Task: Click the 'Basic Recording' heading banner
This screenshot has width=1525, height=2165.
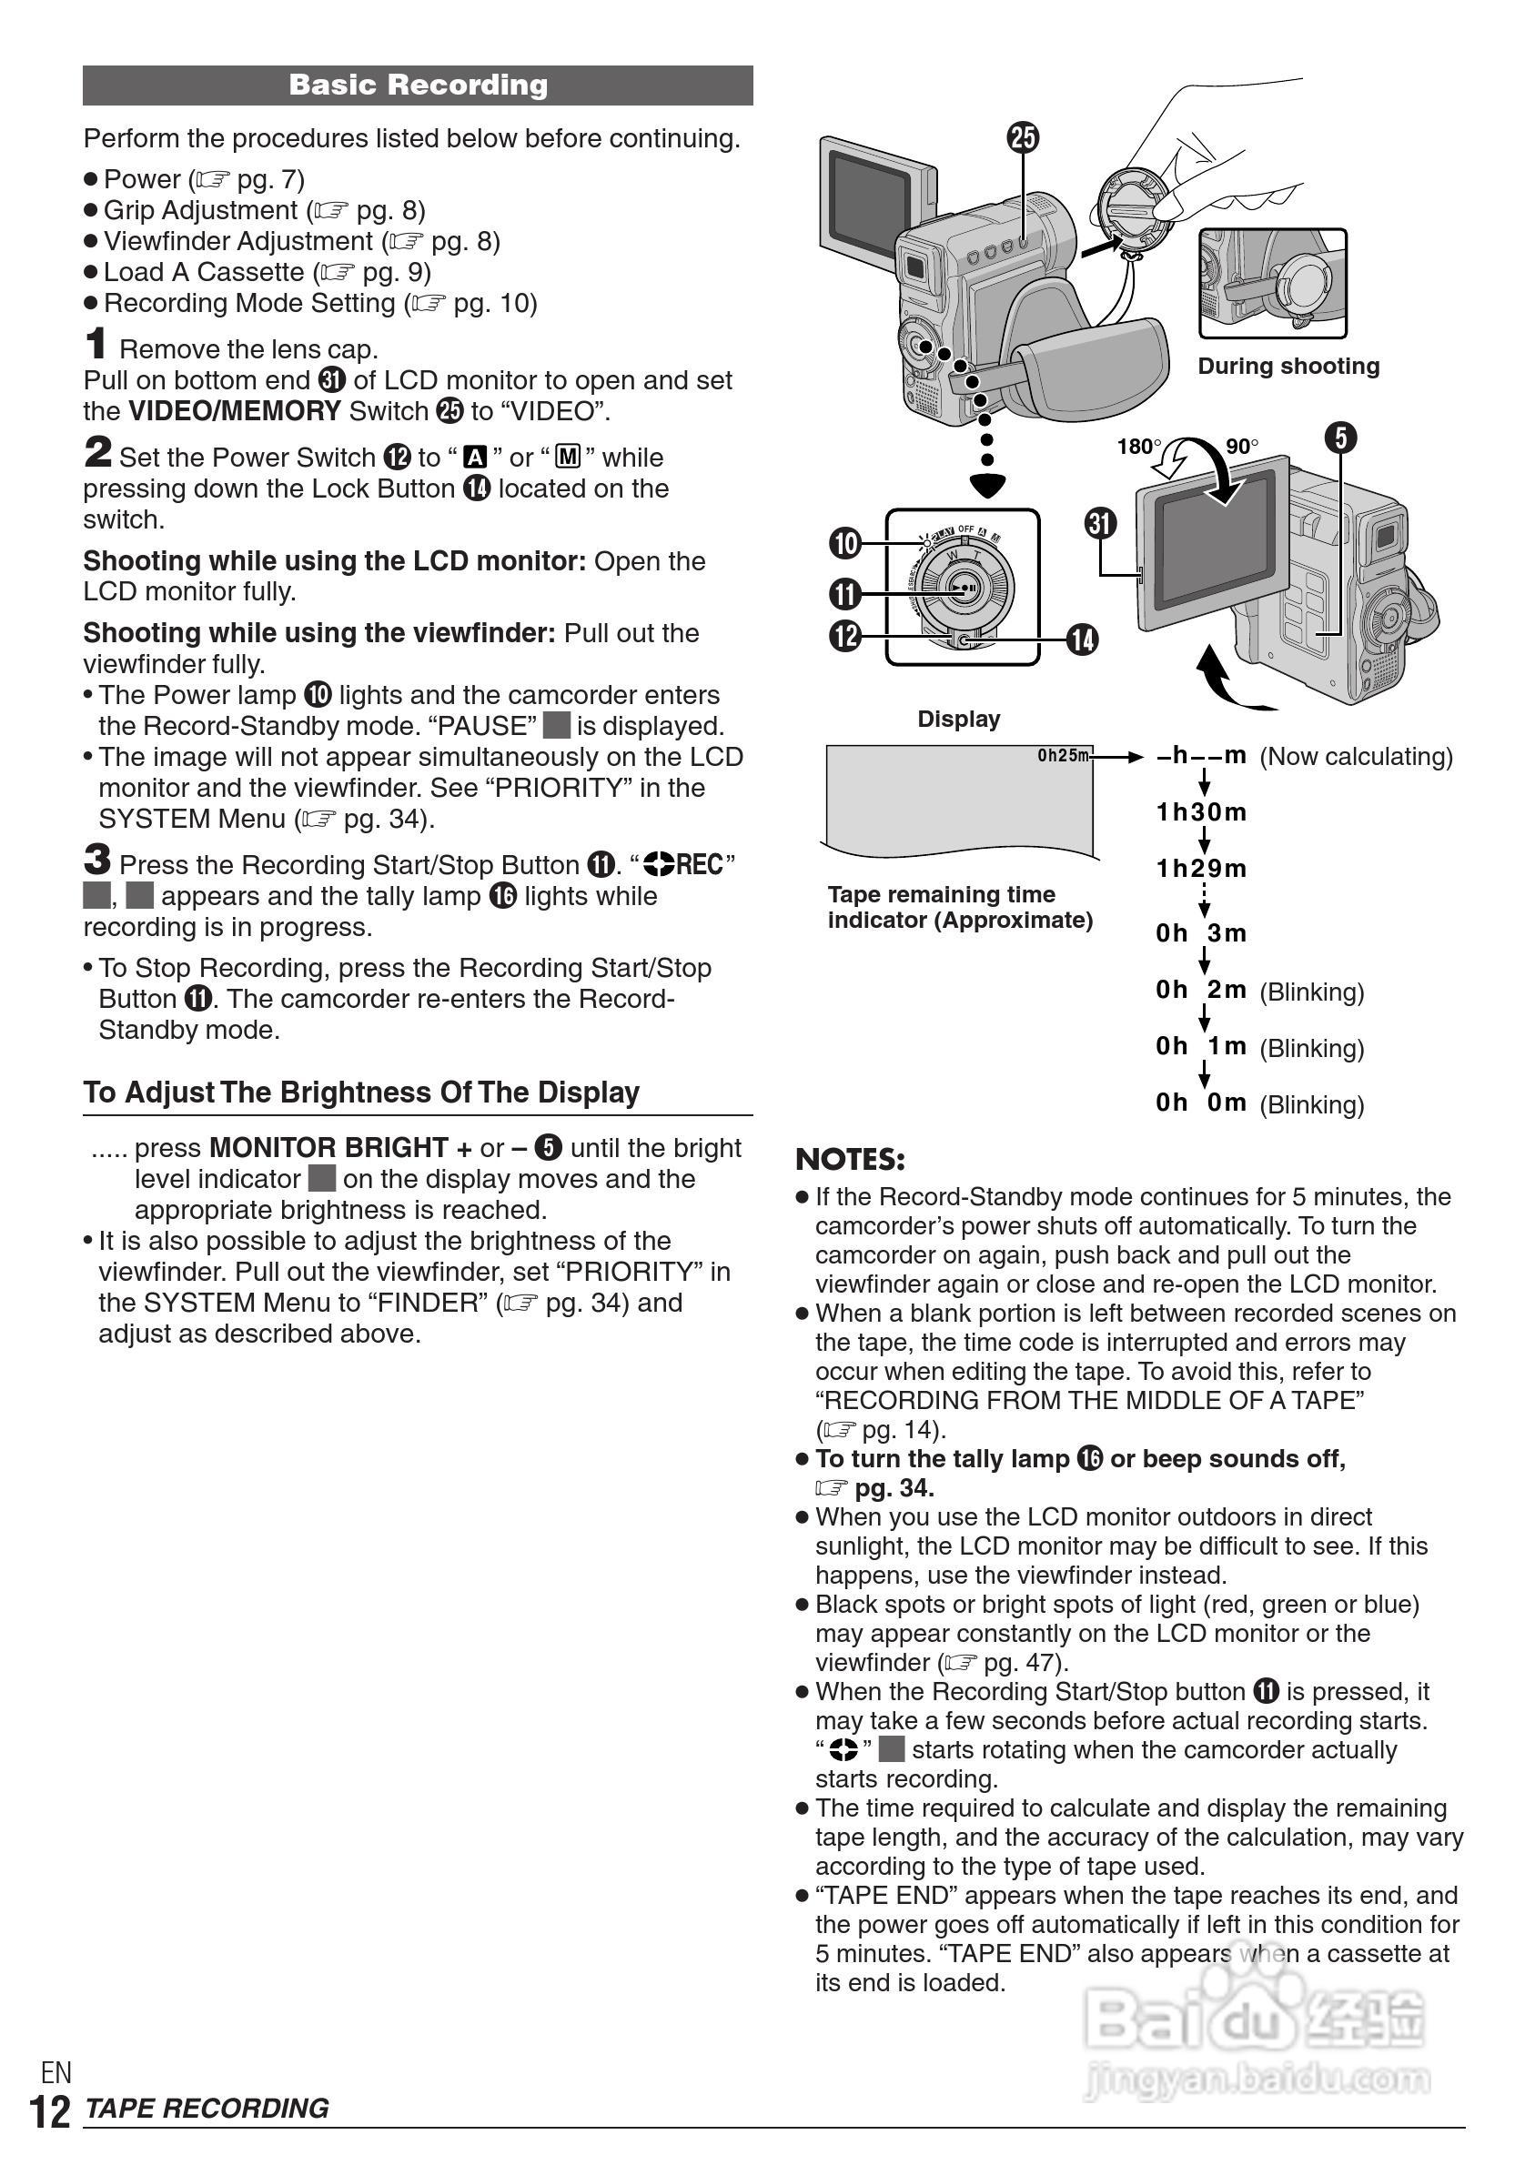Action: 418,85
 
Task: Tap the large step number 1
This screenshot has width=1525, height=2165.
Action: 96,344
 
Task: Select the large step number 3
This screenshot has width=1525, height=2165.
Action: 96,860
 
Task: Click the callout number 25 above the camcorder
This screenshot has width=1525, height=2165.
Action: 1024,137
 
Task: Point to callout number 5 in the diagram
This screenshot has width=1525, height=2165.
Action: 1340,438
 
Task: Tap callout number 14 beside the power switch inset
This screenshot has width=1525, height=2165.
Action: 1082,640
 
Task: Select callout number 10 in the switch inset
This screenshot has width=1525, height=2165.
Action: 845,543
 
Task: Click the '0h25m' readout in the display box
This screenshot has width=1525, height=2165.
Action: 1063,755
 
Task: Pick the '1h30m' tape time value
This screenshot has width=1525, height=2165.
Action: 1201,811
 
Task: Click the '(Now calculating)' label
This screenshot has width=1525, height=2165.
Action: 1356,756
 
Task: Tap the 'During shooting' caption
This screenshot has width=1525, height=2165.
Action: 1288,366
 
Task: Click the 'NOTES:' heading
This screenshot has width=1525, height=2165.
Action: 850,1159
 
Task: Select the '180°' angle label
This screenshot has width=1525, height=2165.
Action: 1139,446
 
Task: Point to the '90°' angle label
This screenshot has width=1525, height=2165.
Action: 1242,446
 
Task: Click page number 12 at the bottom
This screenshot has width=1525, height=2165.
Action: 51,2112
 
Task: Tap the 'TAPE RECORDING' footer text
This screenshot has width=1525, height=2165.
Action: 207,2109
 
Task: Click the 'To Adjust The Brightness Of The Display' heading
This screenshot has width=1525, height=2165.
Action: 361,1092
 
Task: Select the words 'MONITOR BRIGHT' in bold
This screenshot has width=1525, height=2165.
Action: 328,1148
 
